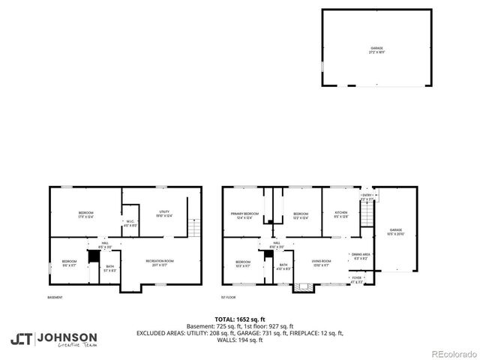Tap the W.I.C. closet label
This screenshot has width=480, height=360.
pos(130,222)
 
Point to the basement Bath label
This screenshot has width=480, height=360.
pos(110,268)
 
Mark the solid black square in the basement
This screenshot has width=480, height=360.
pos(93,256)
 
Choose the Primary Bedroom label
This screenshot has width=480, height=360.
pos(245,215)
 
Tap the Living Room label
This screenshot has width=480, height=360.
pos(322,262)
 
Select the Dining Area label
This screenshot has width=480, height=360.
pos(361,256)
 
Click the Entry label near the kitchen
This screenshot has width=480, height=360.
pos(367,196)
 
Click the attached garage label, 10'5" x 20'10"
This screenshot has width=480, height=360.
pos(395,232)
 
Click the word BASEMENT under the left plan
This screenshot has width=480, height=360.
pos(55,298)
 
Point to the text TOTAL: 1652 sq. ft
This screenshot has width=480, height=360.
pos(239,319)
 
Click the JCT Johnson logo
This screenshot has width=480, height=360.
pos(53,339)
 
